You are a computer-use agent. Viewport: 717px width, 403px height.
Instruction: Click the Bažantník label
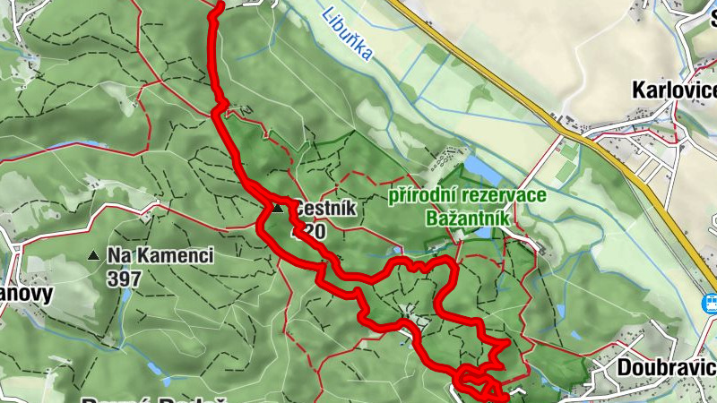[469, 218]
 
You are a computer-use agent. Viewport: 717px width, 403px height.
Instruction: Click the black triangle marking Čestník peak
[278, 209]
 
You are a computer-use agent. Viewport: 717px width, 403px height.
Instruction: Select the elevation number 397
[124, 279]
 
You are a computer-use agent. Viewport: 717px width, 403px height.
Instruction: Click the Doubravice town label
[666, 367]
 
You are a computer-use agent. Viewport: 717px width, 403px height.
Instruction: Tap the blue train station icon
[709, 303]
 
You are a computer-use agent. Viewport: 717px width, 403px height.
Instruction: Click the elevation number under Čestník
[307, 232]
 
